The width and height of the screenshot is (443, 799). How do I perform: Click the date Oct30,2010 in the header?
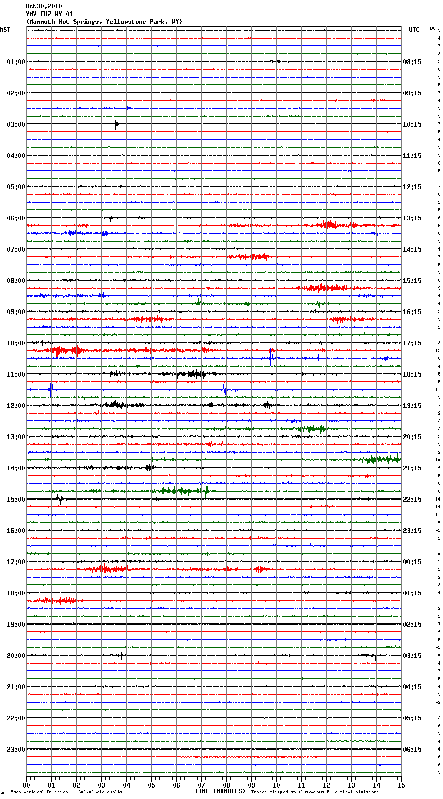point(44,6)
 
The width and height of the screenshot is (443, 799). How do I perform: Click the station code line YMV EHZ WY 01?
point(50,14)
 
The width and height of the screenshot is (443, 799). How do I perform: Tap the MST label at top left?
point(5,30)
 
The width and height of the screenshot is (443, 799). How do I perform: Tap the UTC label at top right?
point(414,30)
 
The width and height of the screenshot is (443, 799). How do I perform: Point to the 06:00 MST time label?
point(16,218)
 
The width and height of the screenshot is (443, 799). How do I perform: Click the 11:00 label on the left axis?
point(16,374)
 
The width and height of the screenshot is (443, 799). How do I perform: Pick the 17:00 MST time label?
point(16,562)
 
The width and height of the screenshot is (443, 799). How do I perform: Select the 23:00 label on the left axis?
point(16,750)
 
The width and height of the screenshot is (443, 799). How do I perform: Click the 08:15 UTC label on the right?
point(412,62)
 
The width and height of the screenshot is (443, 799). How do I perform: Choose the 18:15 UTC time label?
point(412,374)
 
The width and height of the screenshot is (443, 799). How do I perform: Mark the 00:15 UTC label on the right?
point(412,562)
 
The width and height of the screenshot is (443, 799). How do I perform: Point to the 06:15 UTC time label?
point(412,750)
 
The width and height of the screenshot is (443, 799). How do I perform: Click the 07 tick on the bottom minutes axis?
point(201,785)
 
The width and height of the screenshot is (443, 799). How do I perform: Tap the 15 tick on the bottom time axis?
point(401,785)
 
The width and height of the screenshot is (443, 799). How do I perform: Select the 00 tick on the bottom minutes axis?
point(26,785)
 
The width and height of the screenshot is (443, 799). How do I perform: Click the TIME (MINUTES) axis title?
point(220,791)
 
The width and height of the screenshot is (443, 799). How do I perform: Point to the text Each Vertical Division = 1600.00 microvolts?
point(66,792)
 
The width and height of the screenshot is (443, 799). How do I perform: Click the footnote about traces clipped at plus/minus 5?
point(315,792)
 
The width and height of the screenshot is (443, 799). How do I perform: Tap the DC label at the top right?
point(433,28)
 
